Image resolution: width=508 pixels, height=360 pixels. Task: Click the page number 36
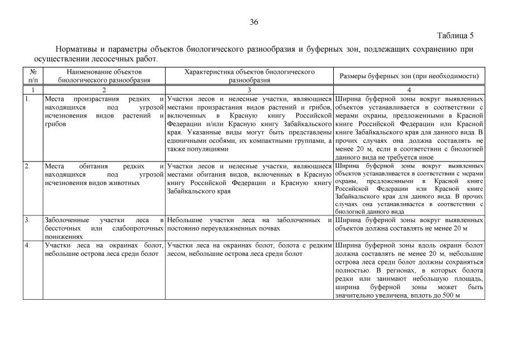[253, 22]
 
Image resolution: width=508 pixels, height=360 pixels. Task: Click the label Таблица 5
[456, 35]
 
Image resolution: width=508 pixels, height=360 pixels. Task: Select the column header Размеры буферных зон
[409, 76]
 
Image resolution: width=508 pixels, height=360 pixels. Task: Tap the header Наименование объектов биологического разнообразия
[104, 76]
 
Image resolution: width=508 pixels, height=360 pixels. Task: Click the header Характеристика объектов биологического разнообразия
[249, 76]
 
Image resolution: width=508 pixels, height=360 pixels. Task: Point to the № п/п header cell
[33, 76]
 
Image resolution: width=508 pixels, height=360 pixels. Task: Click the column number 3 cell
[249, 90]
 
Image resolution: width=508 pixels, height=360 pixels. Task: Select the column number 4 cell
[409, 90]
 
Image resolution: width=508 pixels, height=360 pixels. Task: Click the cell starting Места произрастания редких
[104, 111]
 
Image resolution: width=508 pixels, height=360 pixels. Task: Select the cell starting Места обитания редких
[104, 174]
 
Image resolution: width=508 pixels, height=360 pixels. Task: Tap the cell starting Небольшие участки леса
[249, 224]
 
